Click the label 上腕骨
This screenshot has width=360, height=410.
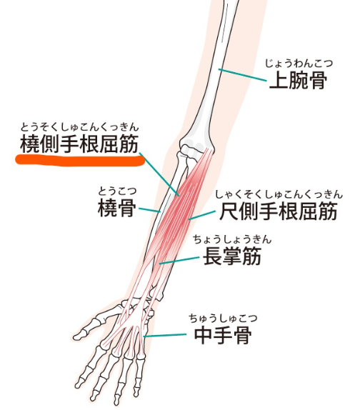[x=298, y=80]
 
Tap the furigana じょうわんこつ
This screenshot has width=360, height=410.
[x=299, y=64]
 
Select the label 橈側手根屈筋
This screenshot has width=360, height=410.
[x=79, y=144]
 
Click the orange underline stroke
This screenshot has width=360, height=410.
[x=80, y=160]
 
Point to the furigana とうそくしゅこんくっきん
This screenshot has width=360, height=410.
[x=79, y=127]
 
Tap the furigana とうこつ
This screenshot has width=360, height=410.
[x=117, y=191]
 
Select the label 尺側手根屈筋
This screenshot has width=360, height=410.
[x=278, y=211]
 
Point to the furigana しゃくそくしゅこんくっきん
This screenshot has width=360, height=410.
[x=279, y=194]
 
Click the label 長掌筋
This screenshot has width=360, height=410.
[x=232, y=256]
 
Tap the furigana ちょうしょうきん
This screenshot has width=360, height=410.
[x=232, y=239]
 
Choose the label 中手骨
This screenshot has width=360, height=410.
[x=223, y=334]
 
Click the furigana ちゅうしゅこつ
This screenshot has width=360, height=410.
[x=223, y=319]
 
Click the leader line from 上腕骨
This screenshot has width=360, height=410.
[x=242, y=75]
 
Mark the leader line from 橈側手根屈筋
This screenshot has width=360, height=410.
[x=159, y=174]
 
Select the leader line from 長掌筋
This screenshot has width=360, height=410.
[x=179, y=261]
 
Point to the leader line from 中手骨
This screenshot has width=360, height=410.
[x=165, y=336]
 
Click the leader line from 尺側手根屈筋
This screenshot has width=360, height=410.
[x=202, y=215]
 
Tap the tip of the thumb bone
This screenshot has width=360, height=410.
[x=74, y=337]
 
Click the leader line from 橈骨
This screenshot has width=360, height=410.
[x=149, y=210]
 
